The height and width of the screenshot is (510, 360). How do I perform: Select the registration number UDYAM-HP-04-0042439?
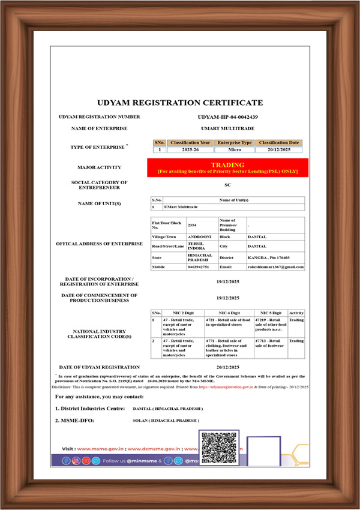227,117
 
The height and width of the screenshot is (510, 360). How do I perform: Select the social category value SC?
227,185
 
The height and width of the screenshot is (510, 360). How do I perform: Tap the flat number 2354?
192,225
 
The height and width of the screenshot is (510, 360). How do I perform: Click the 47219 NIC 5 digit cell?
269,325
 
